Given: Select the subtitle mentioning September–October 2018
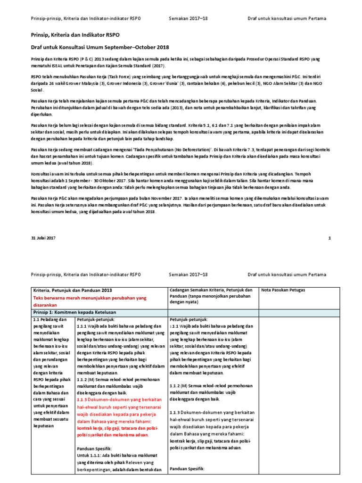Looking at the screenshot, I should [x=100, y=47].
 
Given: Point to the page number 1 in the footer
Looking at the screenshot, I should [x=329, y=238].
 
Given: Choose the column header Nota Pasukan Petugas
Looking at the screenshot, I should [x=283, y=290].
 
